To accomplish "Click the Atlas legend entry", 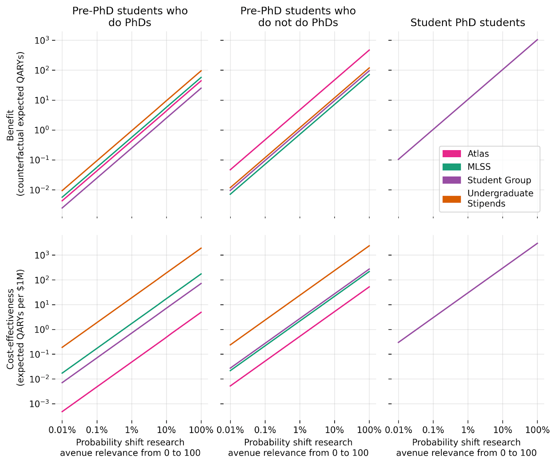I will (x=478, y=154).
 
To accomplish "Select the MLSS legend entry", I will (x=479, y=167).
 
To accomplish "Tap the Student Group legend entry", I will (x=499, y=180).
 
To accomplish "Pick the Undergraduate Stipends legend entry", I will (x=500, y=198).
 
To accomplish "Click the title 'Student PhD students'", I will (x=467, y=23).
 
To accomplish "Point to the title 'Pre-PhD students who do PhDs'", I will (x=130, y=17).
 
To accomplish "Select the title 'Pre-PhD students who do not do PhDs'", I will (x=298, y=17).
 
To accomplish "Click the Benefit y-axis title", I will (x=16, y=124).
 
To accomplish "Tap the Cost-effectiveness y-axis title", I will (x=16, y=327).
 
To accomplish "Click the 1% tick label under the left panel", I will (x=131, y=430).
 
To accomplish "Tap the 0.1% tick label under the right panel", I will (x=433, y=430).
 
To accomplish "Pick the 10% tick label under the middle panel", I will (x=334, y=430).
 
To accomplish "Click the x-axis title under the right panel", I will (x=466, y=448).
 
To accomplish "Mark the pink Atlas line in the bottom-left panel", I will (x=131, y=362).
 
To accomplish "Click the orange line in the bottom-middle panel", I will (x=300, y=295).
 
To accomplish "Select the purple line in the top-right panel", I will (x=468, y=100).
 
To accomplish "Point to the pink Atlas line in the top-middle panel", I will (x=300, y=110).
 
